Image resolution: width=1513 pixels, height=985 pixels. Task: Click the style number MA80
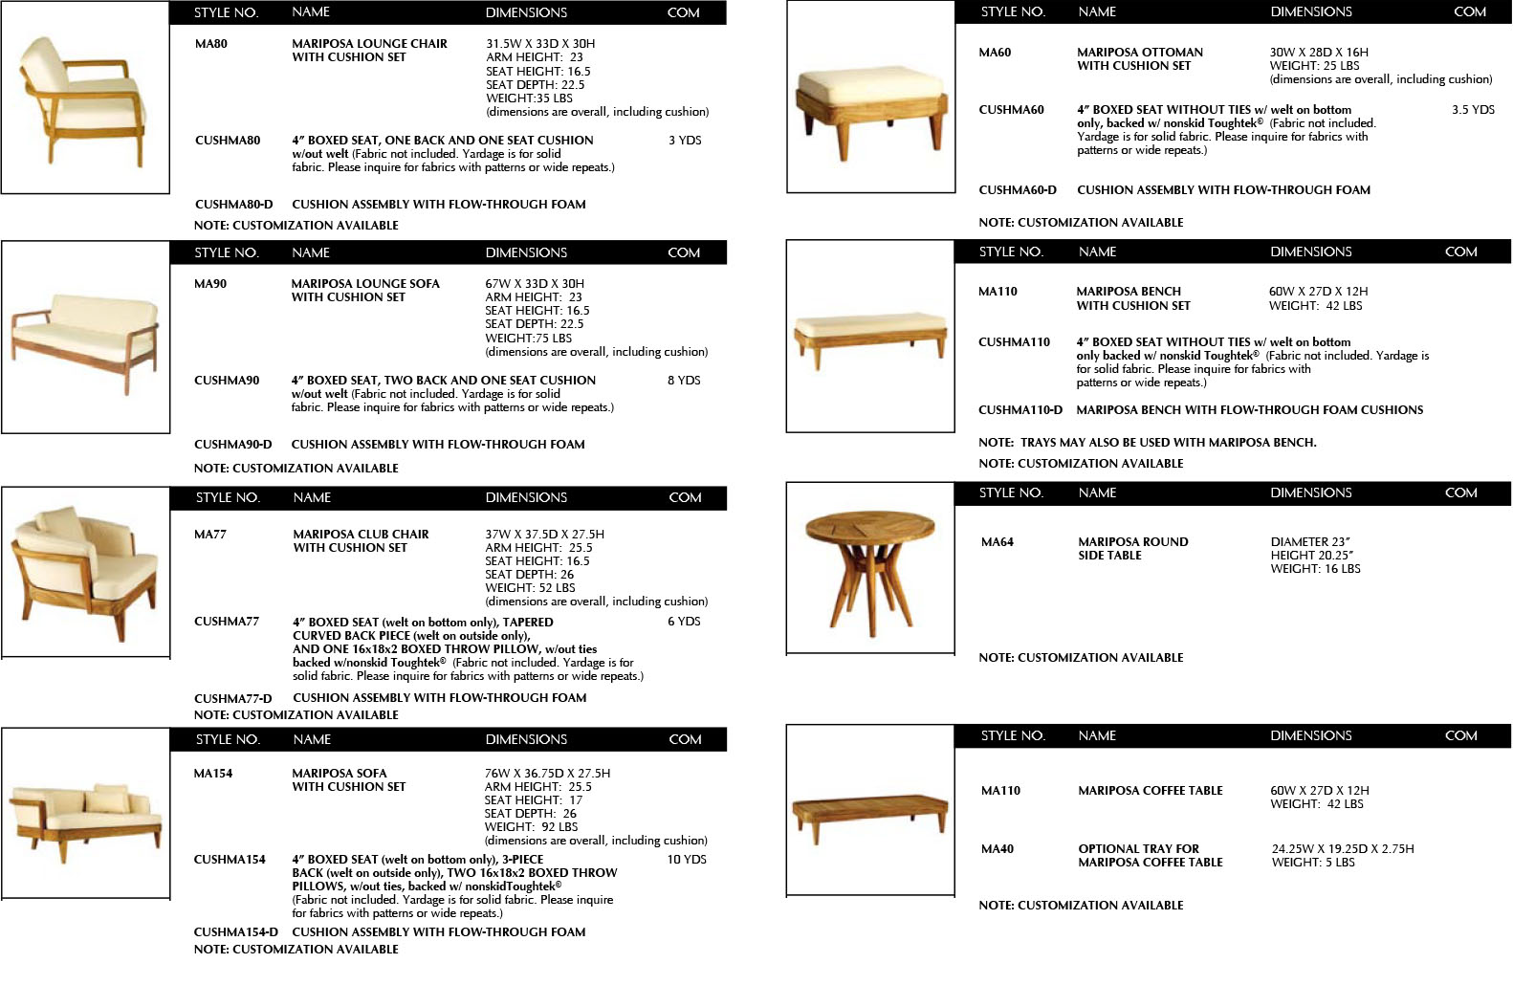(210, 44)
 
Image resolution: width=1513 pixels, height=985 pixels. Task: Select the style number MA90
(209, 284)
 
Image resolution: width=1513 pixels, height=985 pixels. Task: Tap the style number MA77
(209, 535)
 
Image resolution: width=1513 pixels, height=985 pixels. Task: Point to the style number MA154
(212, 774)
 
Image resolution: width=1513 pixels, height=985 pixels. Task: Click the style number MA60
(995, 53)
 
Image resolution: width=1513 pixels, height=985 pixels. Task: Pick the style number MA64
(997, 542)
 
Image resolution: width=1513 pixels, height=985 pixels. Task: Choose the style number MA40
(997, 849)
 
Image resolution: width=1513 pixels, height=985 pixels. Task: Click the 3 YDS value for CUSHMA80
(685, 141)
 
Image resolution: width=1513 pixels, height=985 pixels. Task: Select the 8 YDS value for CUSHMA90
(684, 381)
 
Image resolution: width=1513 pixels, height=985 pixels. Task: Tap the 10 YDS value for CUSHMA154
(686, 860)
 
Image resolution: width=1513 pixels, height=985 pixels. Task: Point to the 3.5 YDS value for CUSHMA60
(1472, 110)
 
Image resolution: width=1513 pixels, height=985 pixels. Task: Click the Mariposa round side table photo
(869, 566)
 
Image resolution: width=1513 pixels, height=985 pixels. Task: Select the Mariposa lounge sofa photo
(85, 337)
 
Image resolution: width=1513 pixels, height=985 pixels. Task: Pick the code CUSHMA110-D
(1020, 410)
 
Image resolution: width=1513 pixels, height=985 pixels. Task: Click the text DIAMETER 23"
(1310, 542)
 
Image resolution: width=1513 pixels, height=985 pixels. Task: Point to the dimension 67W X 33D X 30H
(534, 284)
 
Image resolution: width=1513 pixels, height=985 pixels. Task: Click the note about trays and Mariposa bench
(1147, 443)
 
